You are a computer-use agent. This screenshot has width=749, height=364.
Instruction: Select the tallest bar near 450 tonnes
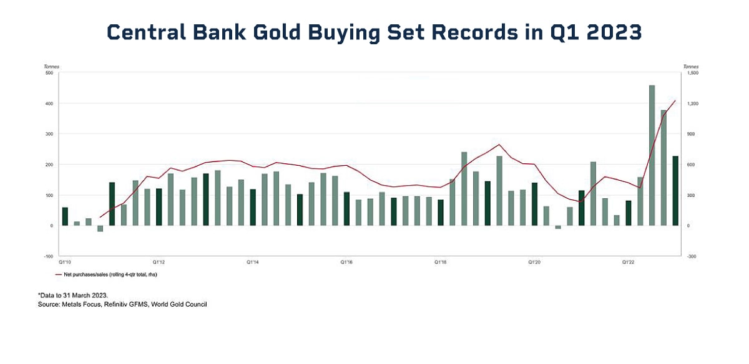[652, 155]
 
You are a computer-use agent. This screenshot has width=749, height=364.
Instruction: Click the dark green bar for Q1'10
[65, 216]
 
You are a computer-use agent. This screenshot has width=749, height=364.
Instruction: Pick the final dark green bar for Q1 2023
[675, 191]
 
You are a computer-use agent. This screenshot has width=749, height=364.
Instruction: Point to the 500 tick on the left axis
[49, 73]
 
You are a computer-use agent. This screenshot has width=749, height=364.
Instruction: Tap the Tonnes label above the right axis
[690, 66]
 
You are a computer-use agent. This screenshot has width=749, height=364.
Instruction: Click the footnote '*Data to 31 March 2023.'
[73, 295]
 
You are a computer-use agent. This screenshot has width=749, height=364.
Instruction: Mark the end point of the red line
[675, 100]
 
